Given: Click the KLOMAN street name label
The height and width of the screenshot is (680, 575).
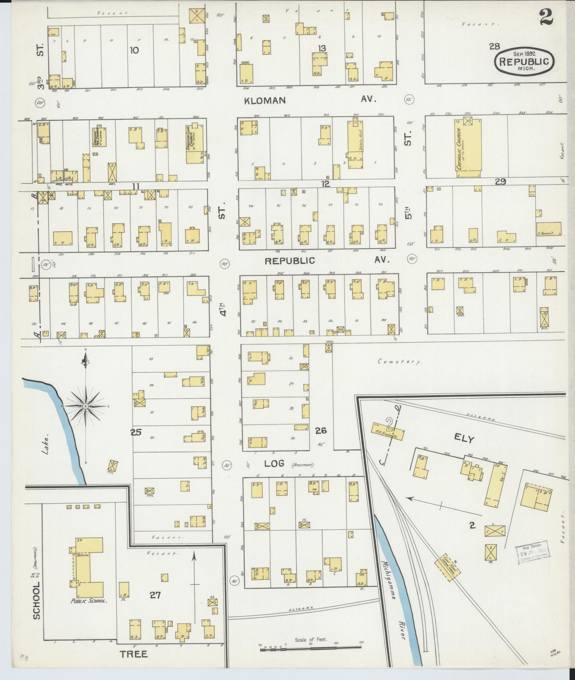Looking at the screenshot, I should (265, 101).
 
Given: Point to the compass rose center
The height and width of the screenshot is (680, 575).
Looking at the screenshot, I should (85, 407).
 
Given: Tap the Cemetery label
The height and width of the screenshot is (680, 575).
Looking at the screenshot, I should (400, 362).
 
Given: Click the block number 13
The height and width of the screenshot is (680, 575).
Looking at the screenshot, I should (321, 48).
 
